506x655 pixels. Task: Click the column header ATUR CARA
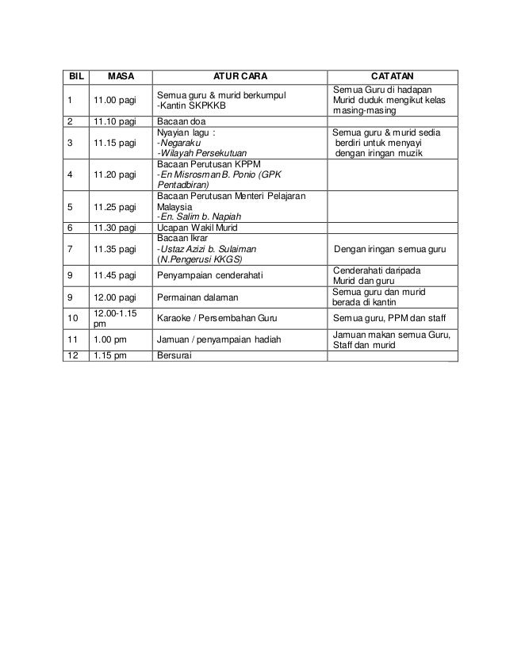coord(241,76)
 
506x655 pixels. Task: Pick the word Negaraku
coord(181,144)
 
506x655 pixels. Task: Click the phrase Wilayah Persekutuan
coord(203,154)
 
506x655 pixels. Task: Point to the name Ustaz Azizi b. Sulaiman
coord(209,248)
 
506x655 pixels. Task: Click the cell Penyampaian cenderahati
coord(209,276)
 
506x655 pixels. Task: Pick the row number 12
coord(73,356)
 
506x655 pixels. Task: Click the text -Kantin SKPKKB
coord(191,105)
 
